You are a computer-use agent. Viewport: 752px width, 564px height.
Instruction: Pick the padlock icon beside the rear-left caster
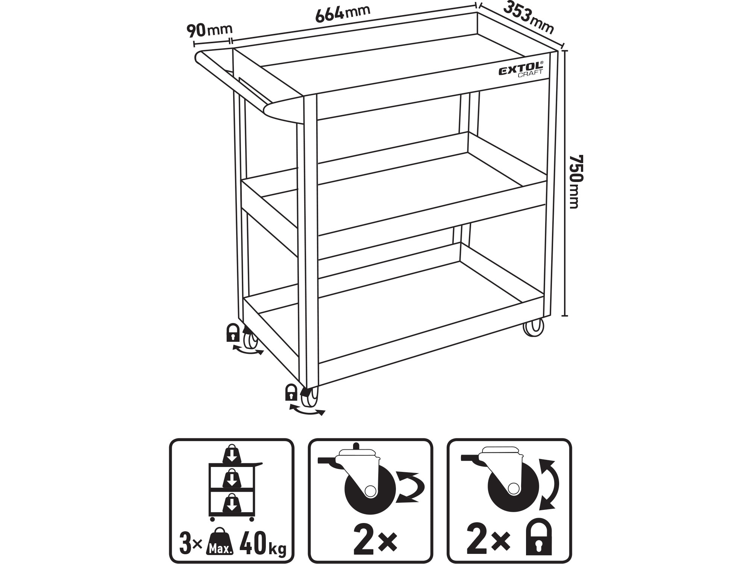[233, 332]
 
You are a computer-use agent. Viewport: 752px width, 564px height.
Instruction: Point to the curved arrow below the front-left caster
[306, 410]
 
